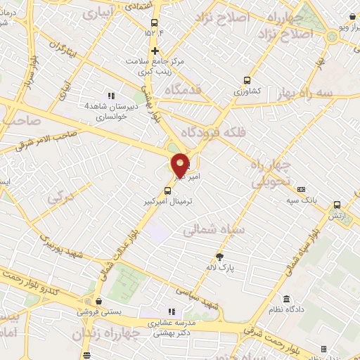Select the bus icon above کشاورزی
247,80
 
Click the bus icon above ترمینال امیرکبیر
169,189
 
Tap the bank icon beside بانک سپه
302,189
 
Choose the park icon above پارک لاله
219,256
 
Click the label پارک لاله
220,268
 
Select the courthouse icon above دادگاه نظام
286,298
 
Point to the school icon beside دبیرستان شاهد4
110,96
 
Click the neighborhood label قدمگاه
184,90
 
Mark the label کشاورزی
247,91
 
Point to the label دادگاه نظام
287,310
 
